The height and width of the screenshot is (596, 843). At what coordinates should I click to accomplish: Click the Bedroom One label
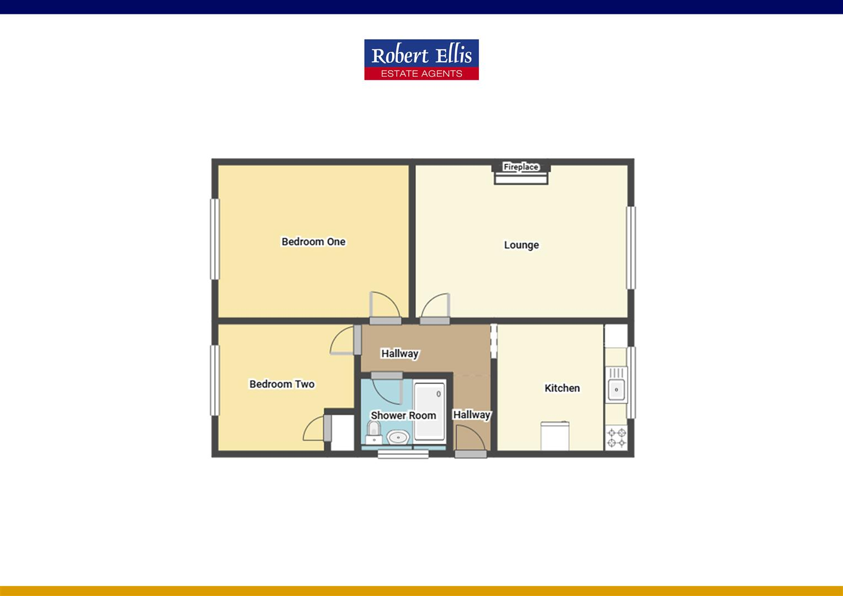pos(313,242)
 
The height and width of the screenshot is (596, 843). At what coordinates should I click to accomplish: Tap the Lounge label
pos(521,245)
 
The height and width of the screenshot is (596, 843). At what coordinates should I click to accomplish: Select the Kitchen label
pos(562,388)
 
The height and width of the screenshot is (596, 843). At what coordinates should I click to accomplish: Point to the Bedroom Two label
pos(282,384)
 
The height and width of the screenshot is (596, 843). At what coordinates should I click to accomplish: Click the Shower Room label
pos(403,416)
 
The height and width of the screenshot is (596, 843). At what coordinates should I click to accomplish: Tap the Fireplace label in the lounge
pos(521,167)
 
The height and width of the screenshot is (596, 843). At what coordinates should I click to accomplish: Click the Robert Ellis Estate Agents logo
pos(421,60)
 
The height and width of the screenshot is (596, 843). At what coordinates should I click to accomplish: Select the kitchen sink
pos(616,389)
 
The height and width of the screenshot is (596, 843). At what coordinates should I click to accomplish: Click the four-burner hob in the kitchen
pos(616,438)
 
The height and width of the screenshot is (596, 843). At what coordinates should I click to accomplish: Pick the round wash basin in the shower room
pos(397,438)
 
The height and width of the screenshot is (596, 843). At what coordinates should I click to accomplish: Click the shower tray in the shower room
pos(430,411)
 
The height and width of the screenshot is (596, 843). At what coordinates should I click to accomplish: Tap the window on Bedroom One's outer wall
pos(214,238)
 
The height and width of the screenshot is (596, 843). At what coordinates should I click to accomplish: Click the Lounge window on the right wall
pos(631,247)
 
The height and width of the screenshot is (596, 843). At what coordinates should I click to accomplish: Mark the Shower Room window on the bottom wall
pos(403,454)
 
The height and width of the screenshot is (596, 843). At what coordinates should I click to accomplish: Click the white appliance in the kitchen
pos(554,436)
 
